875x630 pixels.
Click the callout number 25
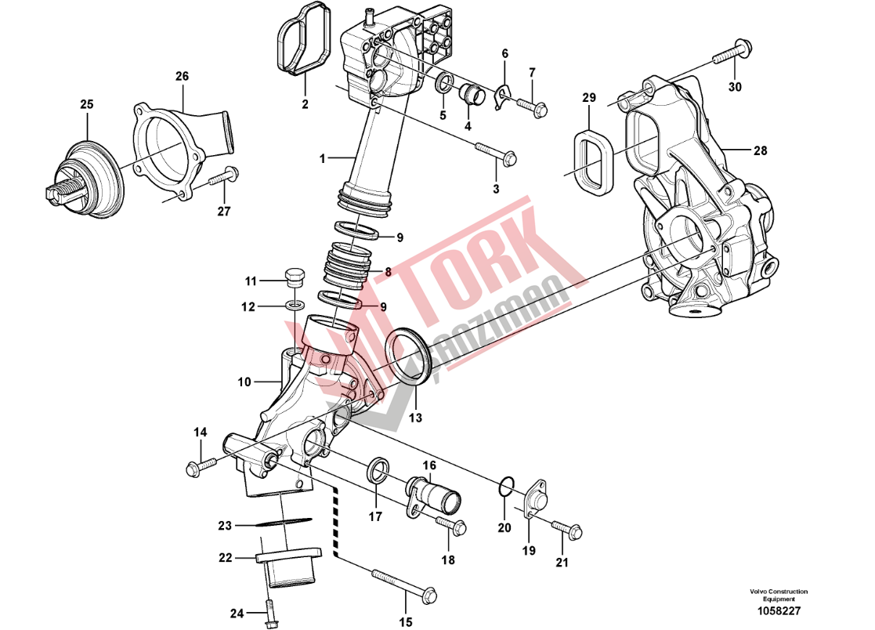(x=86, y=104)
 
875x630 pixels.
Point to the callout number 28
(x=761, y=150)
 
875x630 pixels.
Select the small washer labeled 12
(x=296, y=304)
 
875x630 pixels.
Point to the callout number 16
(x=429, y=465)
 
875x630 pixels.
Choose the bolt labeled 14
(x=199, y=466)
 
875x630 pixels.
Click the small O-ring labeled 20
(x=507, y=488)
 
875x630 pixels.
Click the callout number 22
(x=226, y=558)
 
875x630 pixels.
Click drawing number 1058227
(x=779, y=610)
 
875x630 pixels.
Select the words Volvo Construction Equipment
(x=778, y=595)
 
